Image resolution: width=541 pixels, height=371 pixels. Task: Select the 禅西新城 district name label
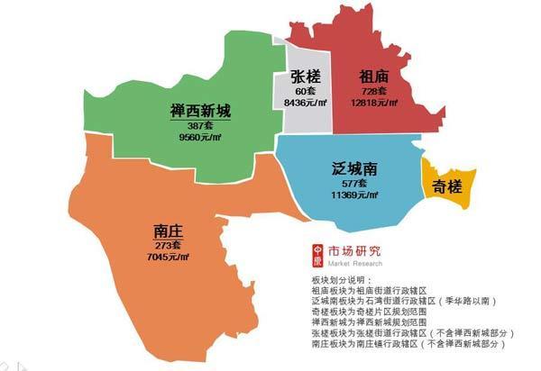click(x=200, y=113)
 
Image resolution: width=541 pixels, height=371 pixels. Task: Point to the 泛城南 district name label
click(x=346, y=168)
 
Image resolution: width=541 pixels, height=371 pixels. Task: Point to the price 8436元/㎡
click(x=304, y=103)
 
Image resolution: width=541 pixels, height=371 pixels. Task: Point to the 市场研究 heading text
click(x=357, y=250)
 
